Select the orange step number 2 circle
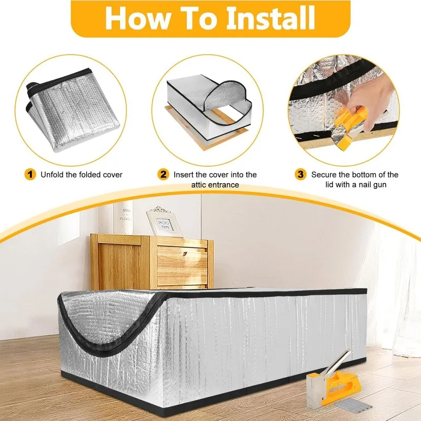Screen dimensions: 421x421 pyautogui.click(x=164, y=174)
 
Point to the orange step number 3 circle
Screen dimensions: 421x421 pyautogui.click(x=300, y=174)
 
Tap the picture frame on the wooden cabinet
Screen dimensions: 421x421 pyautogui.click(x=163, y=222)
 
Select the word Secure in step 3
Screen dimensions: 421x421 pyautogui.click(x=324, y=174)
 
